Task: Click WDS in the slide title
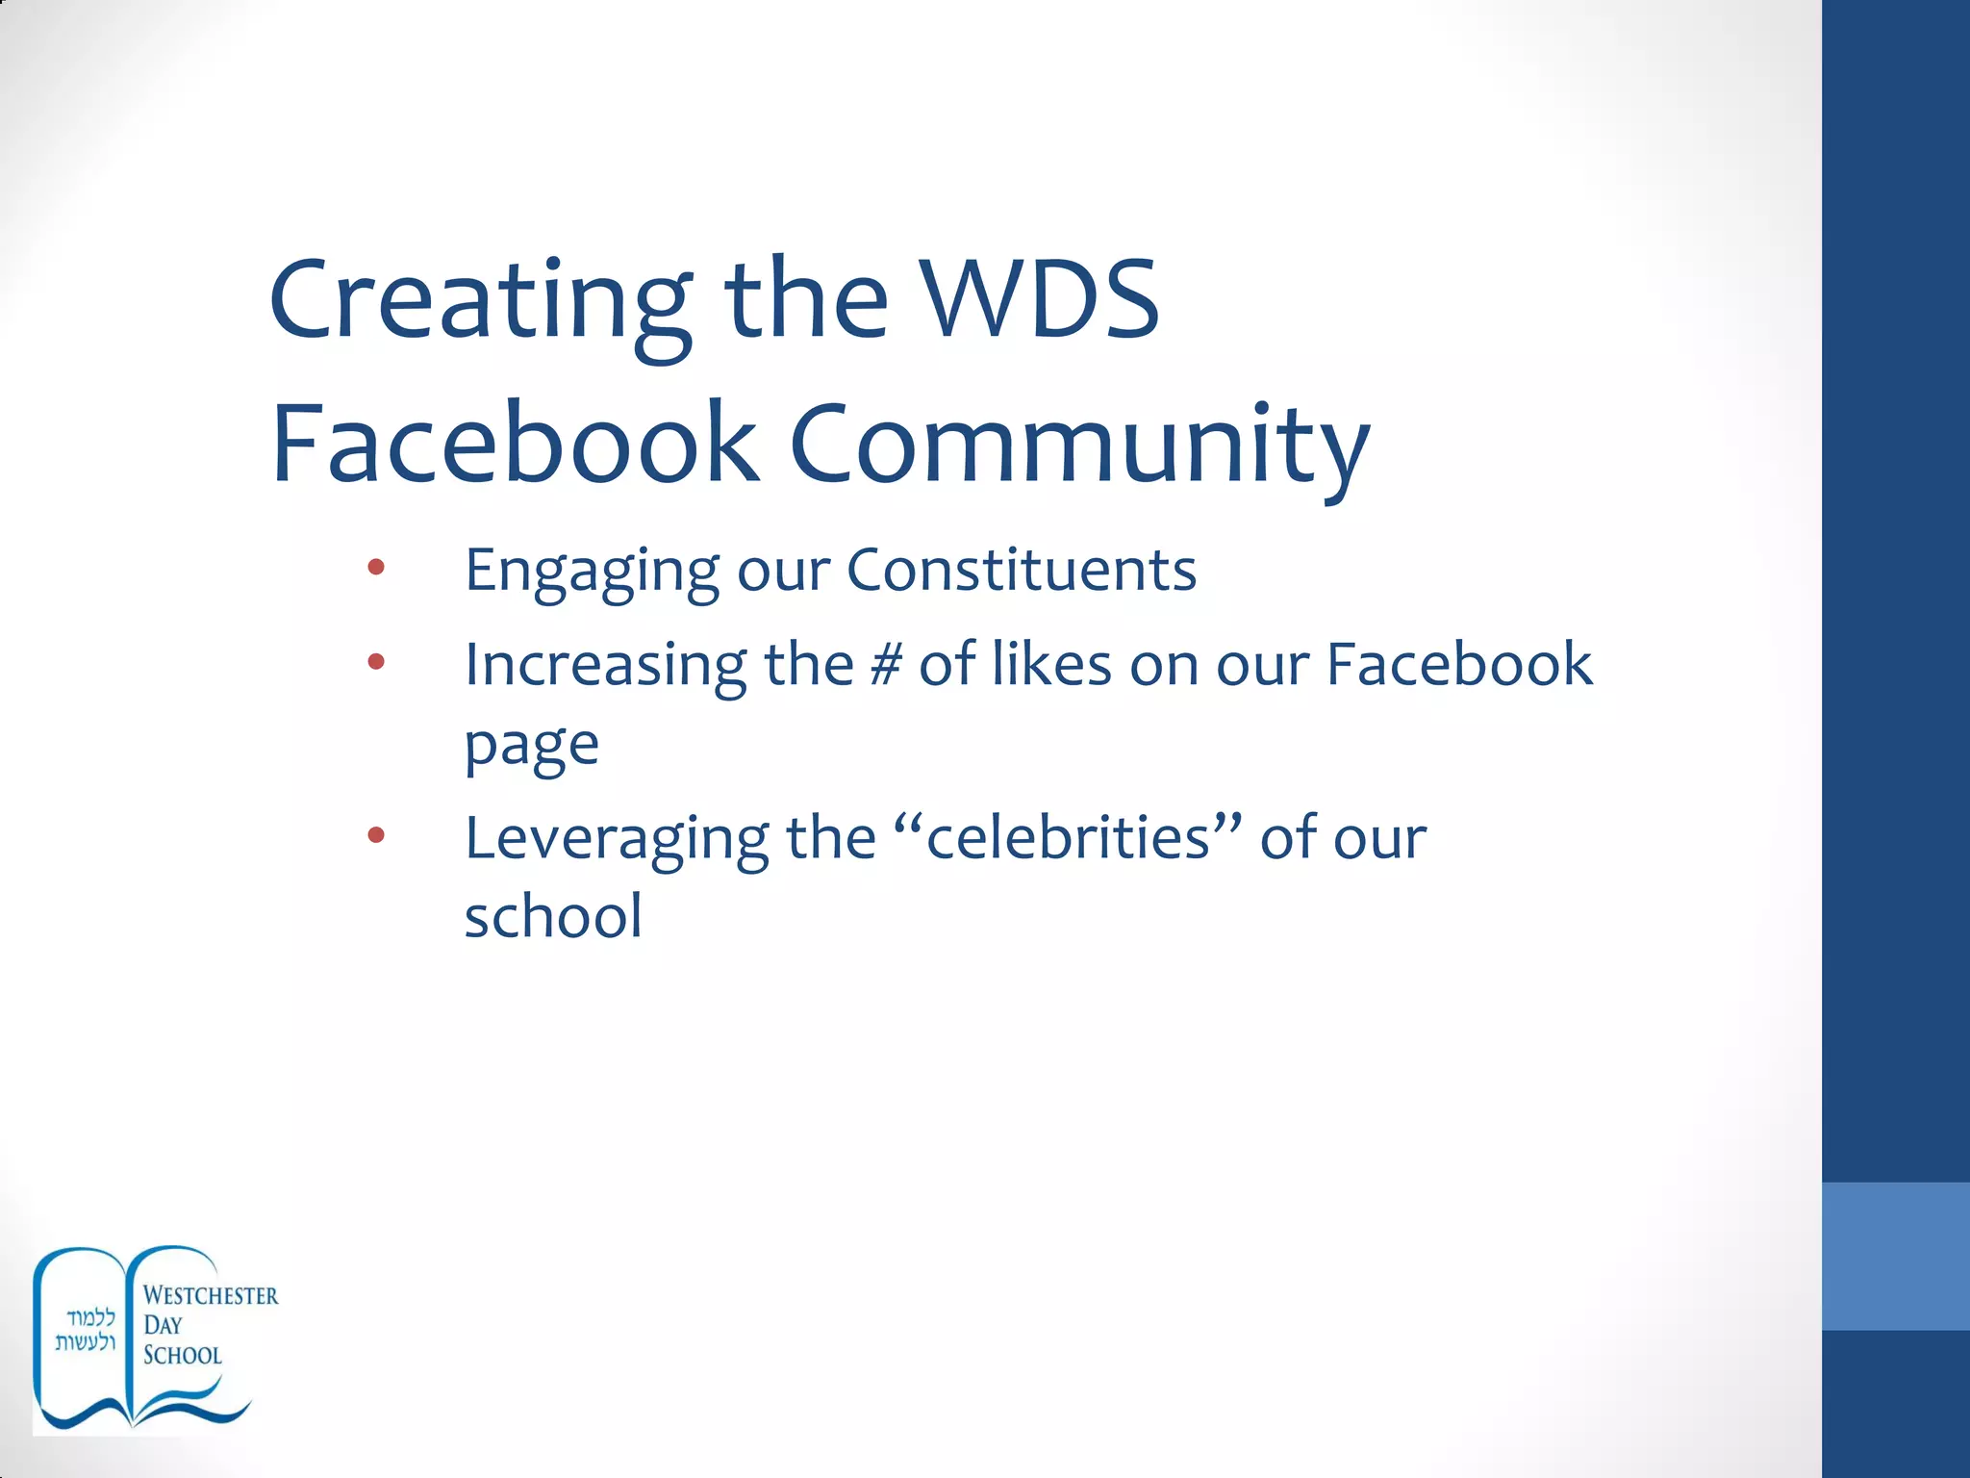(x=1039, y=300)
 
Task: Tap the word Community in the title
(x=1079, y=445)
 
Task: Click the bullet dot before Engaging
(x=376, y=568)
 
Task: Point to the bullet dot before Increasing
(x=376, y=662)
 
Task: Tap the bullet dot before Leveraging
(x=376, y=835)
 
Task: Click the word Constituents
(x=1022, y=570)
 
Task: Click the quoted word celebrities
(x=1068, y=837)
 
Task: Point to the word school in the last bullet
(x=553, y=916)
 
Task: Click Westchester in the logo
(x=211, y=1296)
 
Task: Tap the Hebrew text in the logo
(x=86, y=1330)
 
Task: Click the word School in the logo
(x=183, y=1355)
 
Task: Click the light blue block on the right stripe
(x=1895, y=1257)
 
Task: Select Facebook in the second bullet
(x=1459, y=664)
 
